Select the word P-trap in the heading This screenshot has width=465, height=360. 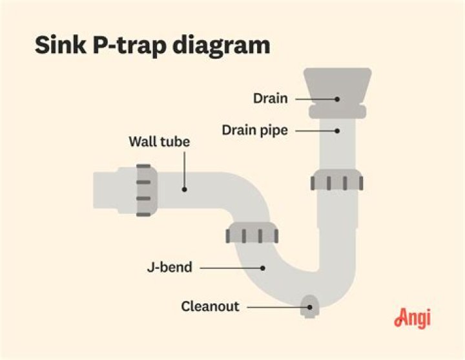(130, 47)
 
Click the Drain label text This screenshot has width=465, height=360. (270, 99)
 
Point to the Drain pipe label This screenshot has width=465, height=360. (254, 131)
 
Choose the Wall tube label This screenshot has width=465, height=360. (159, 142)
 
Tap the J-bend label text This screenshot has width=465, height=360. (169, 267)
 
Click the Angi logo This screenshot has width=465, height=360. (411, 317)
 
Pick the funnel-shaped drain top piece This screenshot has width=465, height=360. (337, 84)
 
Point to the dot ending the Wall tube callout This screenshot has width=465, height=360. (184, 189)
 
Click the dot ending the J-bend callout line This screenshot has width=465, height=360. (263, 267)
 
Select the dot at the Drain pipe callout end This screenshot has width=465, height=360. (337, 131)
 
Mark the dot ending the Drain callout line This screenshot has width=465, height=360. (337, 99)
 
